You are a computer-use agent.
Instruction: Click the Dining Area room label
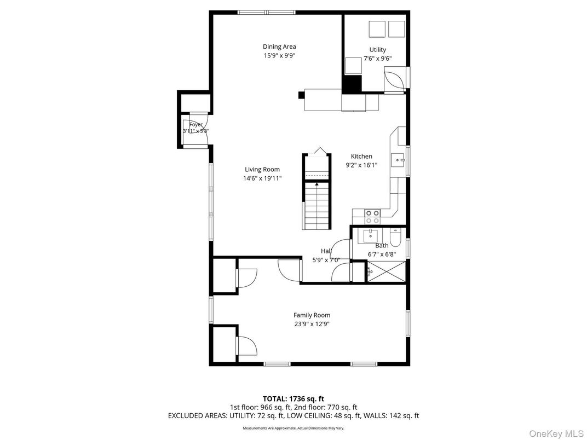tap(279, 47)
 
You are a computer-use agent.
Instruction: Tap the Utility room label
tap(377, 50)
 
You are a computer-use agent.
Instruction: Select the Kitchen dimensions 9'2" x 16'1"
tap(361, 165)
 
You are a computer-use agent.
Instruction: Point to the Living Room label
tap(262, 170)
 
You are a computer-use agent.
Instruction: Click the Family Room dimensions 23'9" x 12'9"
tap(312, 323)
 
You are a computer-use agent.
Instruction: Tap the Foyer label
tap(195, 125)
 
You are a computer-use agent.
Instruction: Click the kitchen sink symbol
tap(398, 160)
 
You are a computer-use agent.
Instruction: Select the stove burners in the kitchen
tap(373, 216)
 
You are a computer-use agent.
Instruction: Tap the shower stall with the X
tap(386, 271)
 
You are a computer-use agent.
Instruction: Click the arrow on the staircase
tap(316, 184)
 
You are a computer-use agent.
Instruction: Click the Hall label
tap(326, 251)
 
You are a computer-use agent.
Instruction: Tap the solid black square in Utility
tap(352, 84)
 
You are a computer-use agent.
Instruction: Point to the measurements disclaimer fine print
tap(293, 429)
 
